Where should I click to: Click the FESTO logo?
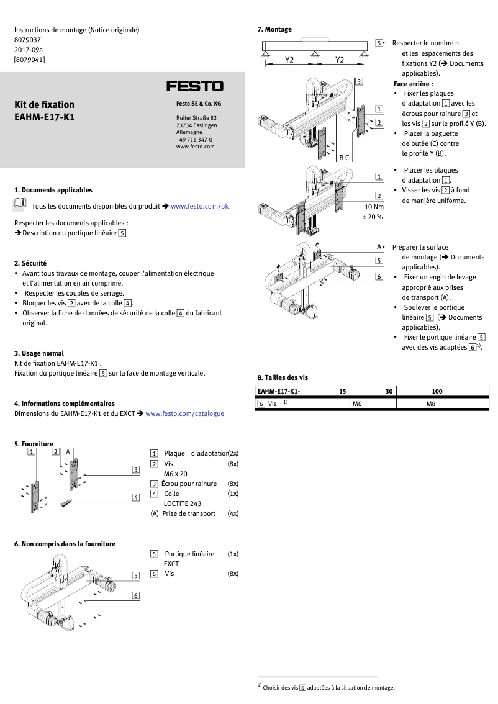point(194,86)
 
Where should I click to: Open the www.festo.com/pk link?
point(199,205)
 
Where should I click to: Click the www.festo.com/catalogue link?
point(184,413)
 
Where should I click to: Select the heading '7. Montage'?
point(274,29)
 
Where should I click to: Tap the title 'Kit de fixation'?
point(44,104)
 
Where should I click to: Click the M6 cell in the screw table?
point(357,404)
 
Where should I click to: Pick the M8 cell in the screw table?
point(431,404)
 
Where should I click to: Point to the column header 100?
point(437,391)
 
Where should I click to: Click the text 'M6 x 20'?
point(176,474)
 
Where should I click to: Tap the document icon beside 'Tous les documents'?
point(20,204)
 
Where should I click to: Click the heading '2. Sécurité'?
point(30,263)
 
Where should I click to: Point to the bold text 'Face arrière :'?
point(413,83)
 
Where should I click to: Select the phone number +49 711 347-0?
point(194,139)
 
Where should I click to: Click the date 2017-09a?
point(29,50)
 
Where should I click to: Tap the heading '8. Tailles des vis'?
point(283,377)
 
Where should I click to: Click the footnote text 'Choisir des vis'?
point(281,687)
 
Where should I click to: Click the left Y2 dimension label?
point(289,60)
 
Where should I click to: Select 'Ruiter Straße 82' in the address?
point(196,117)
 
